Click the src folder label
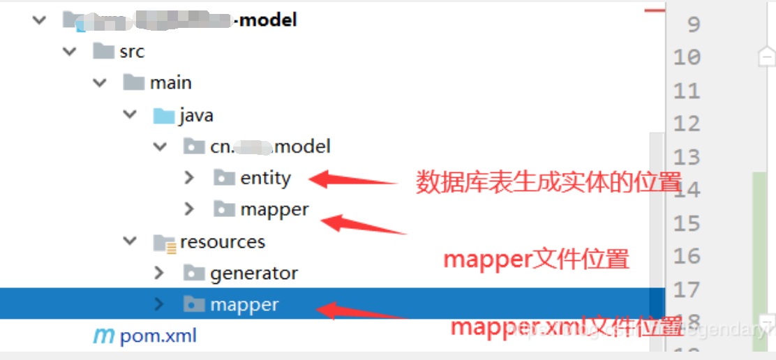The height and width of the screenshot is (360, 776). [131, 52]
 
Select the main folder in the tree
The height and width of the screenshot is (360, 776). [170, 83]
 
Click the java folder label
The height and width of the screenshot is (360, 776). [195, 115]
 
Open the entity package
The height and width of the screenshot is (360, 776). [265, 178]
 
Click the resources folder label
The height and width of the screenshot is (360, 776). [223, 242]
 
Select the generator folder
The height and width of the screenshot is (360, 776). [254, 273]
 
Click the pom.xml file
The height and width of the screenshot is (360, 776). [158, 336]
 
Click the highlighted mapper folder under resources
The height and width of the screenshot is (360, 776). [244, 305]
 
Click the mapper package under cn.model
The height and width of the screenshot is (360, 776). [274, 209]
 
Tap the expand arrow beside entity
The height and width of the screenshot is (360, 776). [189, 178]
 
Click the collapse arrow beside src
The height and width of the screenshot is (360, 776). [69, 52]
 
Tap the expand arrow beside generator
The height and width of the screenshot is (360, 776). [159, 273]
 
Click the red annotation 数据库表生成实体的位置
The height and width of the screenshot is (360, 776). [549, 183]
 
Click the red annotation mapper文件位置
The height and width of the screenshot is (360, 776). [537, 260]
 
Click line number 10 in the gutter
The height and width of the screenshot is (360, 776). [687, 57]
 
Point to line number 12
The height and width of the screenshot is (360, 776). [687, 123]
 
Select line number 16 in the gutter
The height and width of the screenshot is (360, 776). [687, 256]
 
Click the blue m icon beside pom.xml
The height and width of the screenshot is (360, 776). [103, 336]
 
